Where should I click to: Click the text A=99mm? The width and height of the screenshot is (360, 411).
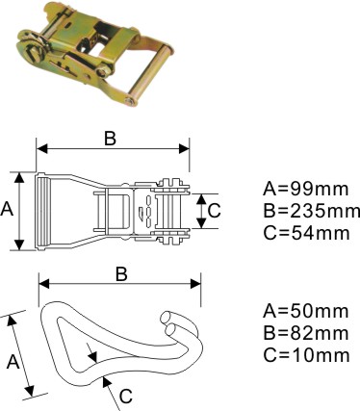point(305,189)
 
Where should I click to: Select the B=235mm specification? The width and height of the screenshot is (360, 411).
point(311,211)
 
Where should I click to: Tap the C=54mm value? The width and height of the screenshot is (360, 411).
point(306,233)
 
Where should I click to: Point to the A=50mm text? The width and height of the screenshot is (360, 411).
point(306,311)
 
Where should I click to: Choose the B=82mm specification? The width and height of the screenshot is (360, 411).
point(306,333)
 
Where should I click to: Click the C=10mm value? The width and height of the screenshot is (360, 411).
point(306,355)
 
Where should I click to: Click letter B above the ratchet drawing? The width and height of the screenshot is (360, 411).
point(110,139)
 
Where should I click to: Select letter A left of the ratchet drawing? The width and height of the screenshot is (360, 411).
point(7,210)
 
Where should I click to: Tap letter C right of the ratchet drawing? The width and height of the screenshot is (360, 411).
point(214,211)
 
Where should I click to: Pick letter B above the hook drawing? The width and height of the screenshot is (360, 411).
point(121,274)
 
